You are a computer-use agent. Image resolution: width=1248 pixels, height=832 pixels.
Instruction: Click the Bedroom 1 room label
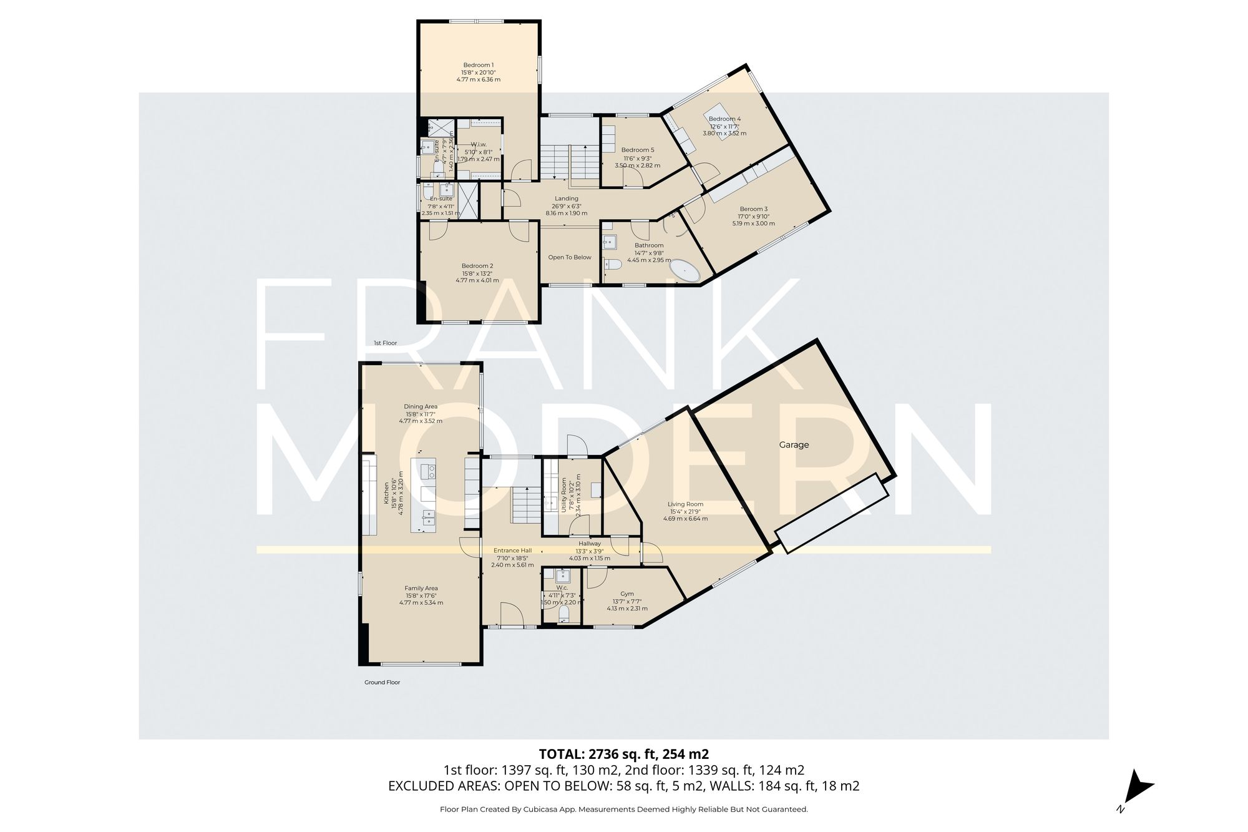tap(478, 65)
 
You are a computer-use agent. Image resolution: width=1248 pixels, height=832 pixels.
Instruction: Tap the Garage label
tap(794, 445)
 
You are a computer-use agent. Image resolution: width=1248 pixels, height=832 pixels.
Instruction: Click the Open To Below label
tap(569, 257)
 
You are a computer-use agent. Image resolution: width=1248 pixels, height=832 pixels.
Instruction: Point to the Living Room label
tap(685, 504)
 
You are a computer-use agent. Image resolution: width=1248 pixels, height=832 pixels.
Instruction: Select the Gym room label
tap(627, 594)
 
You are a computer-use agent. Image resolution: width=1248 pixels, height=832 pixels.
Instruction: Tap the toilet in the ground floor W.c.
tap(564, 615)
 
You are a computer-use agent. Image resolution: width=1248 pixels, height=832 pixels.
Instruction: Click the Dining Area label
tap(421, 406)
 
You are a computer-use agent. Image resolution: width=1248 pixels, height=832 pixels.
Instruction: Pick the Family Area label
tap(421, 588)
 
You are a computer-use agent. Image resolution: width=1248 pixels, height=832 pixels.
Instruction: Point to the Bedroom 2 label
tap(477, 266)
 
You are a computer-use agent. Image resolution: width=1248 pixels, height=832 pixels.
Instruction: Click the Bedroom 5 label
tap(638, 150)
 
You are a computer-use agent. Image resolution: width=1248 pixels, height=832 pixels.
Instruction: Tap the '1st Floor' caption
tap(385, 343)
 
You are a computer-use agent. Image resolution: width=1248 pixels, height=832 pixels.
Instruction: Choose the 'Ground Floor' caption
tap(382, 682)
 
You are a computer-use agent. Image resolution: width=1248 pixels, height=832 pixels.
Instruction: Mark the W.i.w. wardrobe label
tap(479, 144)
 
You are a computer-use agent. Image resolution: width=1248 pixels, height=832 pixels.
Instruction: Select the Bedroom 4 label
tap(724, 119)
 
